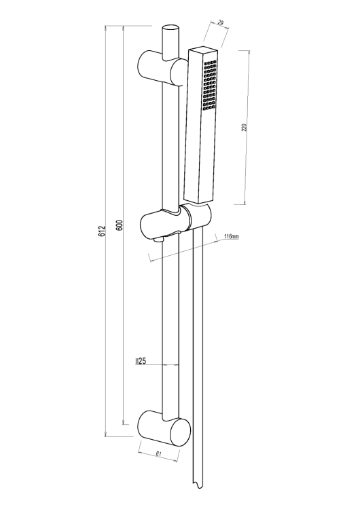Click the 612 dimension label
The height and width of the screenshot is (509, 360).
(x=103, y=231)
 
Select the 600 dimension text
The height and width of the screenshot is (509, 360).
(x=120, y=225)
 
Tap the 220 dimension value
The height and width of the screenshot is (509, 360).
(x=245, y=127)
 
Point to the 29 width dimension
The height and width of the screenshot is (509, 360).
(x=220, y=22)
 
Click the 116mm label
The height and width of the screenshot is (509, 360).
(x=232, y=236)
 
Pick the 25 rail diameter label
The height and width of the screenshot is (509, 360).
(x=143, y=361)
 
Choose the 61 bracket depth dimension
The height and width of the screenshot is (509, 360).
(x=158, y=454)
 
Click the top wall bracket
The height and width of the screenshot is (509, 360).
(x=163, y=68)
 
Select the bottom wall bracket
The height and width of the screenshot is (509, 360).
(x=164, y=428)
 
